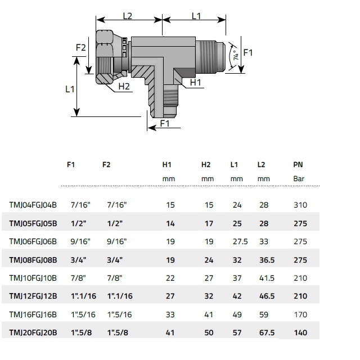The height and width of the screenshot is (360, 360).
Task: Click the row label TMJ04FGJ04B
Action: pyautogui.click(x=33, y=205)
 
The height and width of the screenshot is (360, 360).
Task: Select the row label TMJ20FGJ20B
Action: pyautogui.click(x=33, y=332)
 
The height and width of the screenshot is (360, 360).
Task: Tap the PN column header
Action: pyautogui.click(x=298, y=165)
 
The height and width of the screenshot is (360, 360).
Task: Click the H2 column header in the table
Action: pyautogui.click(x=206, y=165)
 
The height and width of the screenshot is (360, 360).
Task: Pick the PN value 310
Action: pyautogui.click(x=300, y=205)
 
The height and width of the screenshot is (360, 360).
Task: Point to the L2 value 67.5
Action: pyautogui.click(x=266, y=332)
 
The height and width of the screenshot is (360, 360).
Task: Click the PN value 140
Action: pyautogui.click(x=300, y=332)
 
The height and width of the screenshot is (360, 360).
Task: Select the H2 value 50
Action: pyautogui.click(x=209, y=332)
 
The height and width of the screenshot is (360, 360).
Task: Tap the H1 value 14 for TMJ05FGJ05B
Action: pyautogui.click(x=170, y=223)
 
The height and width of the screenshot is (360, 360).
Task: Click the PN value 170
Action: pyautogui.click(x=300, y=314)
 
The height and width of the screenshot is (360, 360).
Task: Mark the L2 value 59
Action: pyautogui.click(x=263, y=314)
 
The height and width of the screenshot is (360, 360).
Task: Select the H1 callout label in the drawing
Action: pyautogui.click(x=195, y=82)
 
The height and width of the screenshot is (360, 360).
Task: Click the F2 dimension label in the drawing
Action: pyautogui.click(x=81, y=47)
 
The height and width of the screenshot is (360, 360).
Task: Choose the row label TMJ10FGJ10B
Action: pyautogui.click(x=33, y=278)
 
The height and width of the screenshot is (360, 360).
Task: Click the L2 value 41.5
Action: pyautogui.click(x=266, y=278)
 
